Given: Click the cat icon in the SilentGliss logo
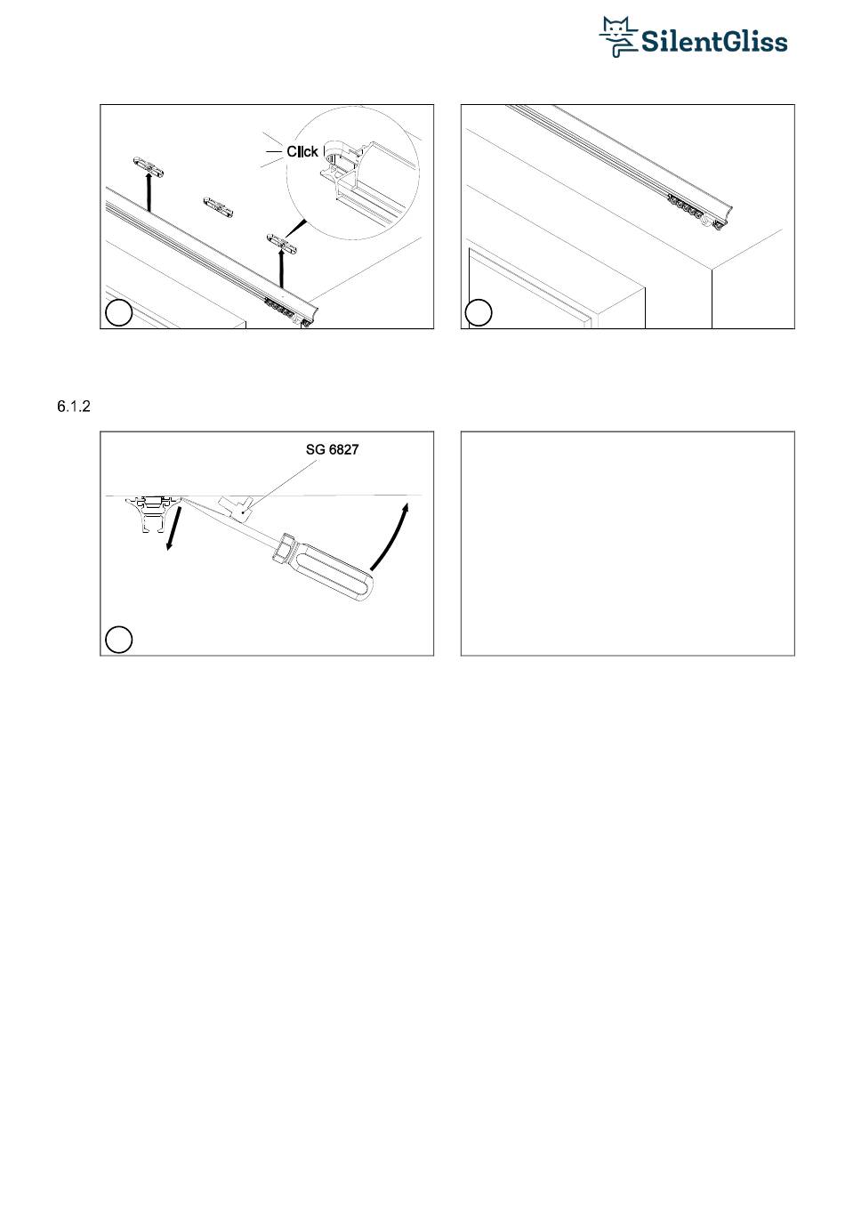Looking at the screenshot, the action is [x=618, y=36].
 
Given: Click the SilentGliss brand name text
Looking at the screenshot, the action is [x=714, y=42].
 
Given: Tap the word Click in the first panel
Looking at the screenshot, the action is [x=302, y=151].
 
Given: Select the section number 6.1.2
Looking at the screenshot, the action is [x=74, y=407].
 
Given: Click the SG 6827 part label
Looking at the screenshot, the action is [x=332, y=449].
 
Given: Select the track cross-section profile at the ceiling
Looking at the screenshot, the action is [x=153, y=513].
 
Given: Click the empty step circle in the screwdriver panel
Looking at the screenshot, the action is [x=118, y=640].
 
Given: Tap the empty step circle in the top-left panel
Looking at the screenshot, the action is [x=118, y=313].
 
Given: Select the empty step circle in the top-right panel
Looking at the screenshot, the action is [x=479, y=312].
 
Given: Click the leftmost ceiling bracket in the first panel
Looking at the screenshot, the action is [x=148, y=165].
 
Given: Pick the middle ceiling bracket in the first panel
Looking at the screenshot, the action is [x=218, y=206].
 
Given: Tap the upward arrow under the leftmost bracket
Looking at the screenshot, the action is [x=148, y=190].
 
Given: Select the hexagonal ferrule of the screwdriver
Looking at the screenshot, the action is [x=282, y=548].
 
